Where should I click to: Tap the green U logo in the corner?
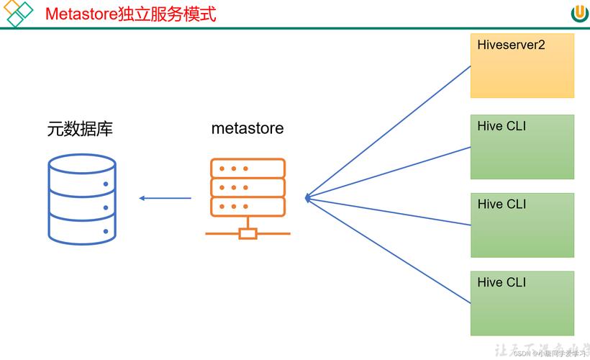(579, 14)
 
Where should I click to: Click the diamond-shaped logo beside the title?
(18, 13)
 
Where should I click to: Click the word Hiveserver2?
(511, 45)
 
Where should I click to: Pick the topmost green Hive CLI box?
(522, 147)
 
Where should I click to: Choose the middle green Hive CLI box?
(522, 225)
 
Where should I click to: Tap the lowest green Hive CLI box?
(522, 303)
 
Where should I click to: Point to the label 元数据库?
(80, 129)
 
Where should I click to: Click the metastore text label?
(248, 129)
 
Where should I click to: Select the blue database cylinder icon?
(82, 199)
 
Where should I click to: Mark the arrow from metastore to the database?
(165, 198)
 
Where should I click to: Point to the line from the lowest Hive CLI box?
(389, 248)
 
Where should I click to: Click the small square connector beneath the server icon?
(248, 233)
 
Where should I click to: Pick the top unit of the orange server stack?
(248, 168)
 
